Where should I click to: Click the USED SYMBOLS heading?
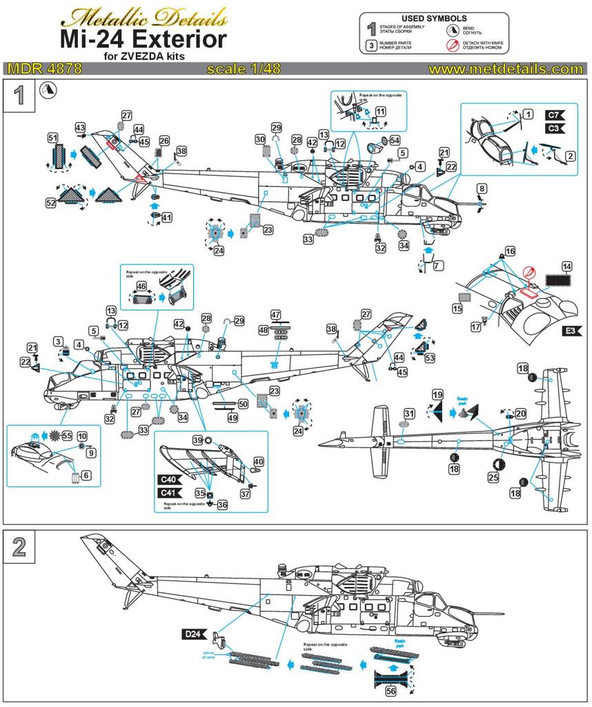pyautogui.click(x=434, y=18)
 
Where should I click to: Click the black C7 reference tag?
pyautogui.click(x=555, y=115)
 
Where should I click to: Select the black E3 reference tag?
pyautogui.click(x=569, y=331)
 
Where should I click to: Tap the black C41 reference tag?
pyautogui.click(x=169, y=492)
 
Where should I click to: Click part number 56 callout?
pyautogui.click(x=391, y=693)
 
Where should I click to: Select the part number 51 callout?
pyautogui.click(x=52, y=138)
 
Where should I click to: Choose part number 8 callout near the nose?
pyautogui.click(x=482, y=188)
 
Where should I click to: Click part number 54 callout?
pyautogui.click(x=395, y=139)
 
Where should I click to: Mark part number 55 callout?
pyautogui.click(x=67, y=436)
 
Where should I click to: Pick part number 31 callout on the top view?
pyautogui.click(x=409, y=413)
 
